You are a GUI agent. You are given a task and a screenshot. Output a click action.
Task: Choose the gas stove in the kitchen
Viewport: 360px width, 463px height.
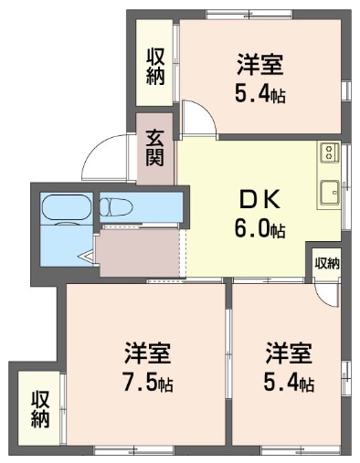(330, 151)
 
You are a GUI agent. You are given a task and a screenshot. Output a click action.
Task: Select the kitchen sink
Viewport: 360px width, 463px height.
(330, 193)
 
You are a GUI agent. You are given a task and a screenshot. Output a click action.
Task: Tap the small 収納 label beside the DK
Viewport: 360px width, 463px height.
(326, 263)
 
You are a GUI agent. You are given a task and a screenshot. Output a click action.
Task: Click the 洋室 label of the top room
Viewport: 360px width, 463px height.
(259, 66)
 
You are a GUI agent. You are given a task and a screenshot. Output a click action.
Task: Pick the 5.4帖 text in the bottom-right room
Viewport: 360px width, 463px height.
(290, 384)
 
